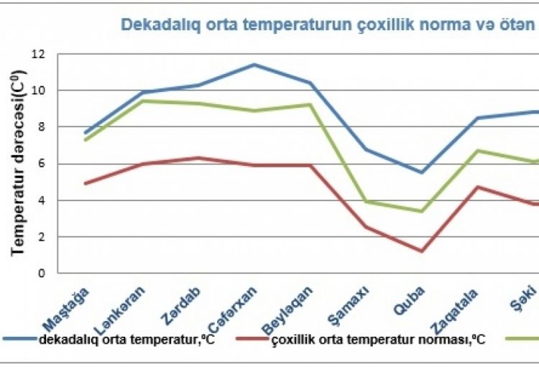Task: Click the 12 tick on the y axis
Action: click(x=38, y=54)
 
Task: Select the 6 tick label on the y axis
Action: click(x=42, y=164)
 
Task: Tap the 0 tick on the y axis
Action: click(x=42, y=274)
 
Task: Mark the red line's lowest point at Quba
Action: click(x=422, y=251)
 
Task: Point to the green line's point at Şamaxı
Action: click(x=366, y=201)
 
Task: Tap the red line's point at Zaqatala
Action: click(x=479, y=187)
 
